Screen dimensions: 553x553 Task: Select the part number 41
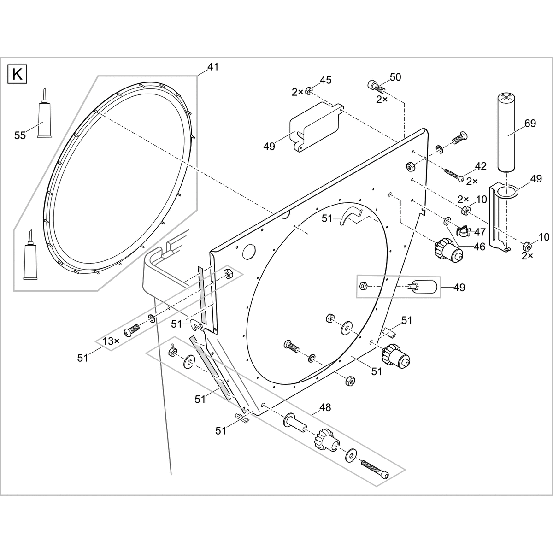212,67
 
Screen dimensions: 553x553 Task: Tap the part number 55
20,135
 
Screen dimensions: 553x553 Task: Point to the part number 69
530,124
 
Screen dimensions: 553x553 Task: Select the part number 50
395,77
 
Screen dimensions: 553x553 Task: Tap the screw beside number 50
376,86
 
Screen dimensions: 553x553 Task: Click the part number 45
325,80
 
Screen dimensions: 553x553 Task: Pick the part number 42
481,166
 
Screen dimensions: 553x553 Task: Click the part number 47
480,232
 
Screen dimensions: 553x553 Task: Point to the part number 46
479,247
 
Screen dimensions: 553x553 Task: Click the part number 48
325,408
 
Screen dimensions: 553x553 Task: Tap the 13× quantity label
111,341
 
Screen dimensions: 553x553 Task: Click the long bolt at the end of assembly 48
374,469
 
